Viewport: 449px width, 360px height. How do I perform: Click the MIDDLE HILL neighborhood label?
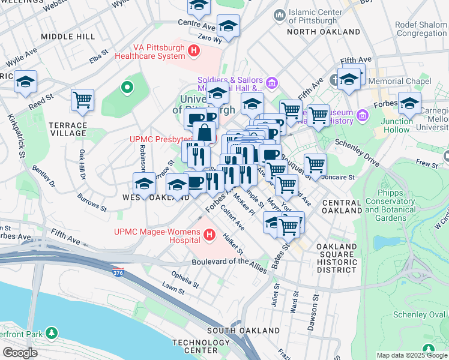click(68, 37)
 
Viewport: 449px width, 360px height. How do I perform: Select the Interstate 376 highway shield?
click(118, 273)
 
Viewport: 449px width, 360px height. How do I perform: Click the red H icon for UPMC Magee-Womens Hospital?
click(209, 235)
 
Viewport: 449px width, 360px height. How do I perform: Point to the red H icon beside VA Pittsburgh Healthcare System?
click(194, 52)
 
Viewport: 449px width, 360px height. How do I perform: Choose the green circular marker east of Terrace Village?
click(127, 88)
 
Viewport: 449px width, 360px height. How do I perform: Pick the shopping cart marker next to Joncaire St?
click(315, 164)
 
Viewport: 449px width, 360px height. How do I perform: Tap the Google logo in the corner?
click(20, 352)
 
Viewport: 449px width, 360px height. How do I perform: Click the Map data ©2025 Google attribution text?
click(412, 355)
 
